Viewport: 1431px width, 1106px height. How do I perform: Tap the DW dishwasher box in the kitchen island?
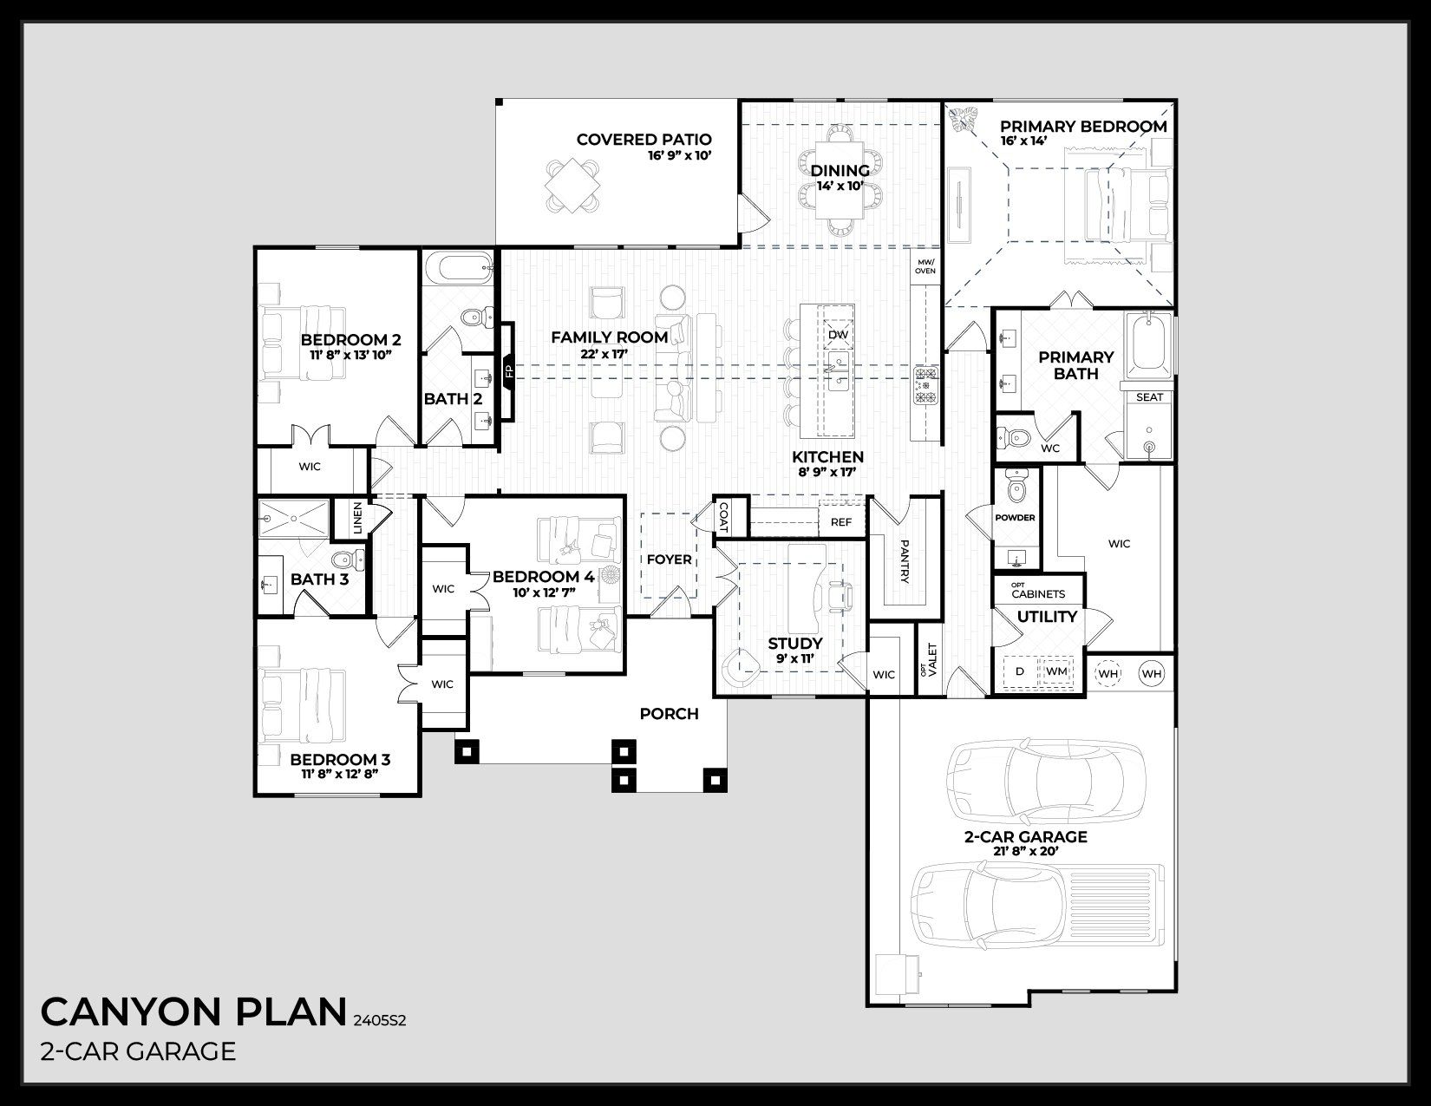[838, 334]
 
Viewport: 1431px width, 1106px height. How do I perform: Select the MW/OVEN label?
[925, 265]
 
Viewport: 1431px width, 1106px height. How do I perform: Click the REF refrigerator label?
[840, 522]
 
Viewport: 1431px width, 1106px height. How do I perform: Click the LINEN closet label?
[357, 518]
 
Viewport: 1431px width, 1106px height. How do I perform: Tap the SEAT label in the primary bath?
[1149, 397]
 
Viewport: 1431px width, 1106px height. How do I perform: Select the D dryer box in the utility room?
[1020, 671]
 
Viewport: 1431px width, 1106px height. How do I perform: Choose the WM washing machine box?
[1055, 671]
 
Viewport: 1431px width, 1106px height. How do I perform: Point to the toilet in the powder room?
[1016, 491]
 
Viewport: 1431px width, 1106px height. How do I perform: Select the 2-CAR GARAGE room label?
[1025, 837]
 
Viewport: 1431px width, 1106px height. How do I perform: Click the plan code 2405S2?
[379, 1021]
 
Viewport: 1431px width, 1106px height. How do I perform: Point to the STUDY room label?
[794, 643]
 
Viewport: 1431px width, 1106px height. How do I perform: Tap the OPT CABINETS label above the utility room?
[1037, 592]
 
